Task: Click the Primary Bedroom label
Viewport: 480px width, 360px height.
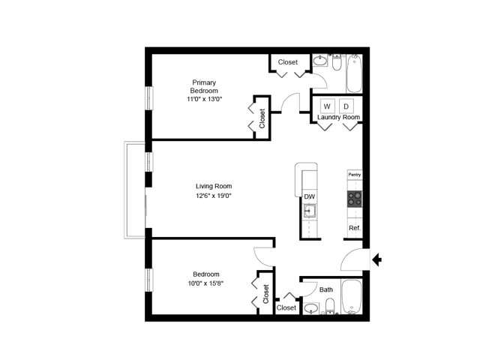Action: [x=205, y=86]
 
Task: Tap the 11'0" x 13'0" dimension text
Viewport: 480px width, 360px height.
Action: [x=205, y=99]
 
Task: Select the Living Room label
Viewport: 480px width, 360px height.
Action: [x=214, y=186]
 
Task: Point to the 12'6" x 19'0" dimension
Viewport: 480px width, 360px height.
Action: [x=214, y=196]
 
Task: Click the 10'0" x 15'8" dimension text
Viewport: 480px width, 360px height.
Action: [x=206, y=283]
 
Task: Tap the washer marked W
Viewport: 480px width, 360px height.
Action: [x=327, y=106]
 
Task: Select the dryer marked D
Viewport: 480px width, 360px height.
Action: [x=346, y=106]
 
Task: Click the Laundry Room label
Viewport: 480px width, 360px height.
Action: [x=338, y=118]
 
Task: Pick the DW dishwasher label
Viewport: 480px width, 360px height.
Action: [x=309, y=196]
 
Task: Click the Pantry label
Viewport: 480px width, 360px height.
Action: [x=355, y=175]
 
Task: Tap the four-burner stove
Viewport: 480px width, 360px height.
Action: [x=355, y=199]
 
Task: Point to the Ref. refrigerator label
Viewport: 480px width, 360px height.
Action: [x=355, y=228]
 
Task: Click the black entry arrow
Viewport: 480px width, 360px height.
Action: [x=377, y=260]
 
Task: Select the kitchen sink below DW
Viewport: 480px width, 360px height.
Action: [x=309, y=211]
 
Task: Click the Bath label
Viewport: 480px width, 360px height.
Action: [x=326, y=289]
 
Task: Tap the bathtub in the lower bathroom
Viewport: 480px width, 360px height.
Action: [x=352, y=298]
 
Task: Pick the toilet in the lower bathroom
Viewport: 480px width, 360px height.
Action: [x=331, y=305]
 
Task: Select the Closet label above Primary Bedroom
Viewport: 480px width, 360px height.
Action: [x=288, y=62]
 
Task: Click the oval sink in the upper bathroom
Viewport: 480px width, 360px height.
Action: [x=319, y=59]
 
